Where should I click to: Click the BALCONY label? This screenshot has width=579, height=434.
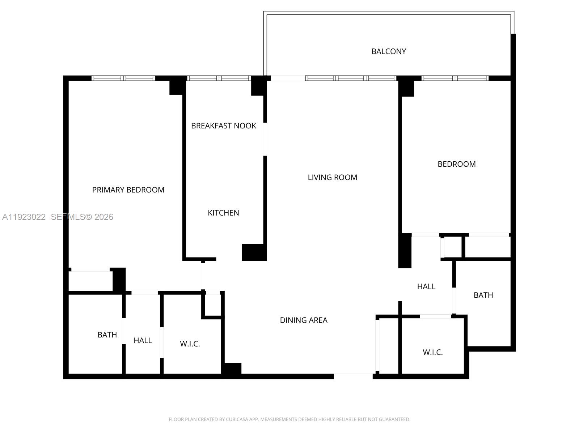click(x=389, y=51)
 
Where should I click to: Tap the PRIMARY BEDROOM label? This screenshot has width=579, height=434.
click(x=128, y=190)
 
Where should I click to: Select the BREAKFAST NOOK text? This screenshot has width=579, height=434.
click(x=223, y=126)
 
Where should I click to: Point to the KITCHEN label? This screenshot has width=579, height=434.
click(x=223, y=213)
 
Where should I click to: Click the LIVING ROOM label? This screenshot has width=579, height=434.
click(x=332, y=177)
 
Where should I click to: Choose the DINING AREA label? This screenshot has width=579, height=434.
click(x=303, y=320)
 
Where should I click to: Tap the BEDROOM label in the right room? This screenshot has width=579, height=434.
click(x=456, y=164)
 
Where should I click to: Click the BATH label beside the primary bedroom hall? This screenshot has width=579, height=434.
click(x=107, y=335)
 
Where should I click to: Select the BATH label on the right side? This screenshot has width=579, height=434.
click(x=483, y=295)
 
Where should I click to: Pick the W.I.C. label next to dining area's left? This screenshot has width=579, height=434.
click(x=190, y=344)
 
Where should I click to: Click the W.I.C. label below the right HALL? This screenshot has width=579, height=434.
click(x=432, y=352)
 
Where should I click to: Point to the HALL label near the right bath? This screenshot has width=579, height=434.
click(x=426, y=286)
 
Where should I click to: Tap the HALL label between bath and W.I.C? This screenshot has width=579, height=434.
click(x=143, y=340)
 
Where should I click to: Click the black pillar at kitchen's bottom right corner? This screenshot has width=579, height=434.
click(x=254, y=252)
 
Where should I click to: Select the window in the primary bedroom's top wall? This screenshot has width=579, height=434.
click(x=123, y=78)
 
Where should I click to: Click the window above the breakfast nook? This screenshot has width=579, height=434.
click(x=219, y=78)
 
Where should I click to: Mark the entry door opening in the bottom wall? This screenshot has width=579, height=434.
click(x=353, y=376)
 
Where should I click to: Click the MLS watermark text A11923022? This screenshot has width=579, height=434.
click(x=24, y=217)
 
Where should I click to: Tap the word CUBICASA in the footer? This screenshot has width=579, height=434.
click(x=237, y=420)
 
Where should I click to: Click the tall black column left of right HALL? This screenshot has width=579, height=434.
click(x=405, y=250)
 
